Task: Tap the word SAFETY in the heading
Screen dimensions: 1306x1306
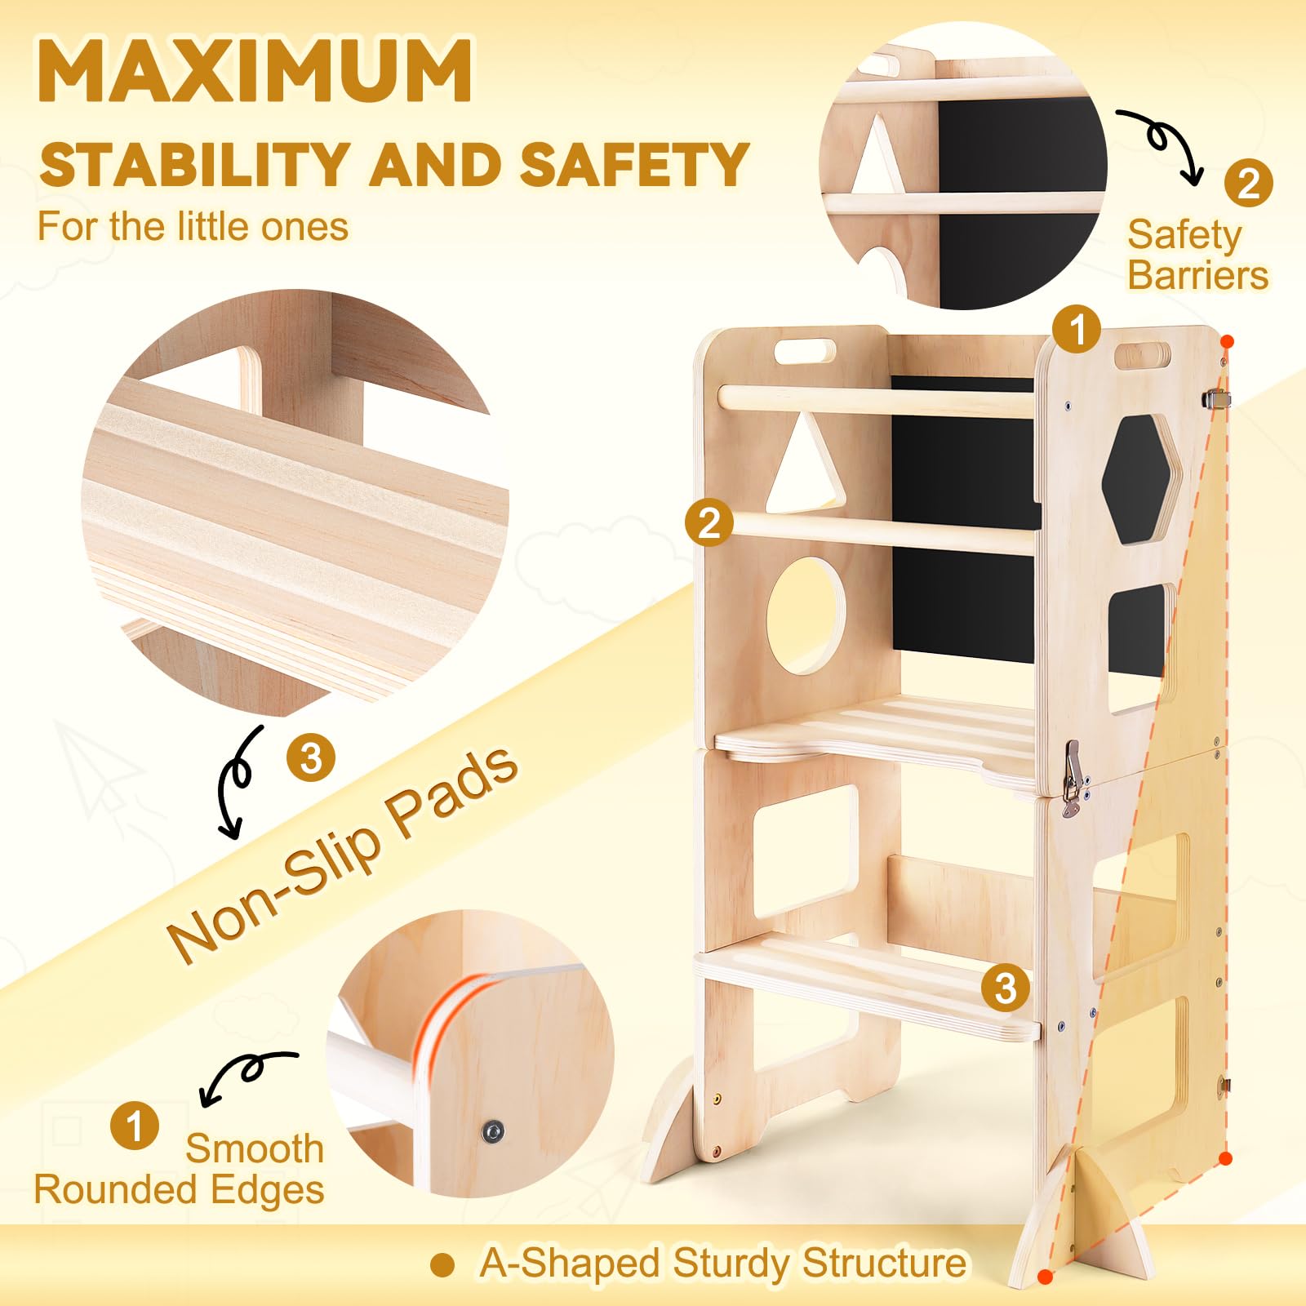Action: [634, 164]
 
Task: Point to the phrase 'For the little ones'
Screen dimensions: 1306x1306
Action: [193, 226]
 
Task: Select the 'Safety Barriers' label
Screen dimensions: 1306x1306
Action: [1197, 255]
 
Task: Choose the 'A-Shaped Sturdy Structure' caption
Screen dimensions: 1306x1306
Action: [722, 1263]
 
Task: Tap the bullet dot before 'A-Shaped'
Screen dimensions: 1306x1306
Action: [442, 1265]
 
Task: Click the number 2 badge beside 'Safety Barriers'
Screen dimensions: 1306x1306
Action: [1248, 184]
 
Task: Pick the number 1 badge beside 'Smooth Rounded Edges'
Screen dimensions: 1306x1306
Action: [135, 1126]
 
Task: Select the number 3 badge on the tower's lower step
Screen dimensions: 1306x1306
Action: [1005, 988]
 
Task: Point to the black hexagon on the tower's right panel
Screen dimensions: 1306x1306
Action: [1140, 478]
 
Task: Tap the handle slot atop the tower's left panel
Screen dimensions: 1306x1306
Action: [805, 352]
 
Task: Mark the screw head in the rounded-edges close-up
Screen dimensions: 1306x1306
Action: [491, 1131]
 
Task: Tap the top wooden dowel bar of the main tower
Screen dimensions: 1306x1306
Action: [877, 401]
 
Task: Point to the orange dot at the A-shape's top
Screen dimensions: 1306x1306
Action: [1227, 341]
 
